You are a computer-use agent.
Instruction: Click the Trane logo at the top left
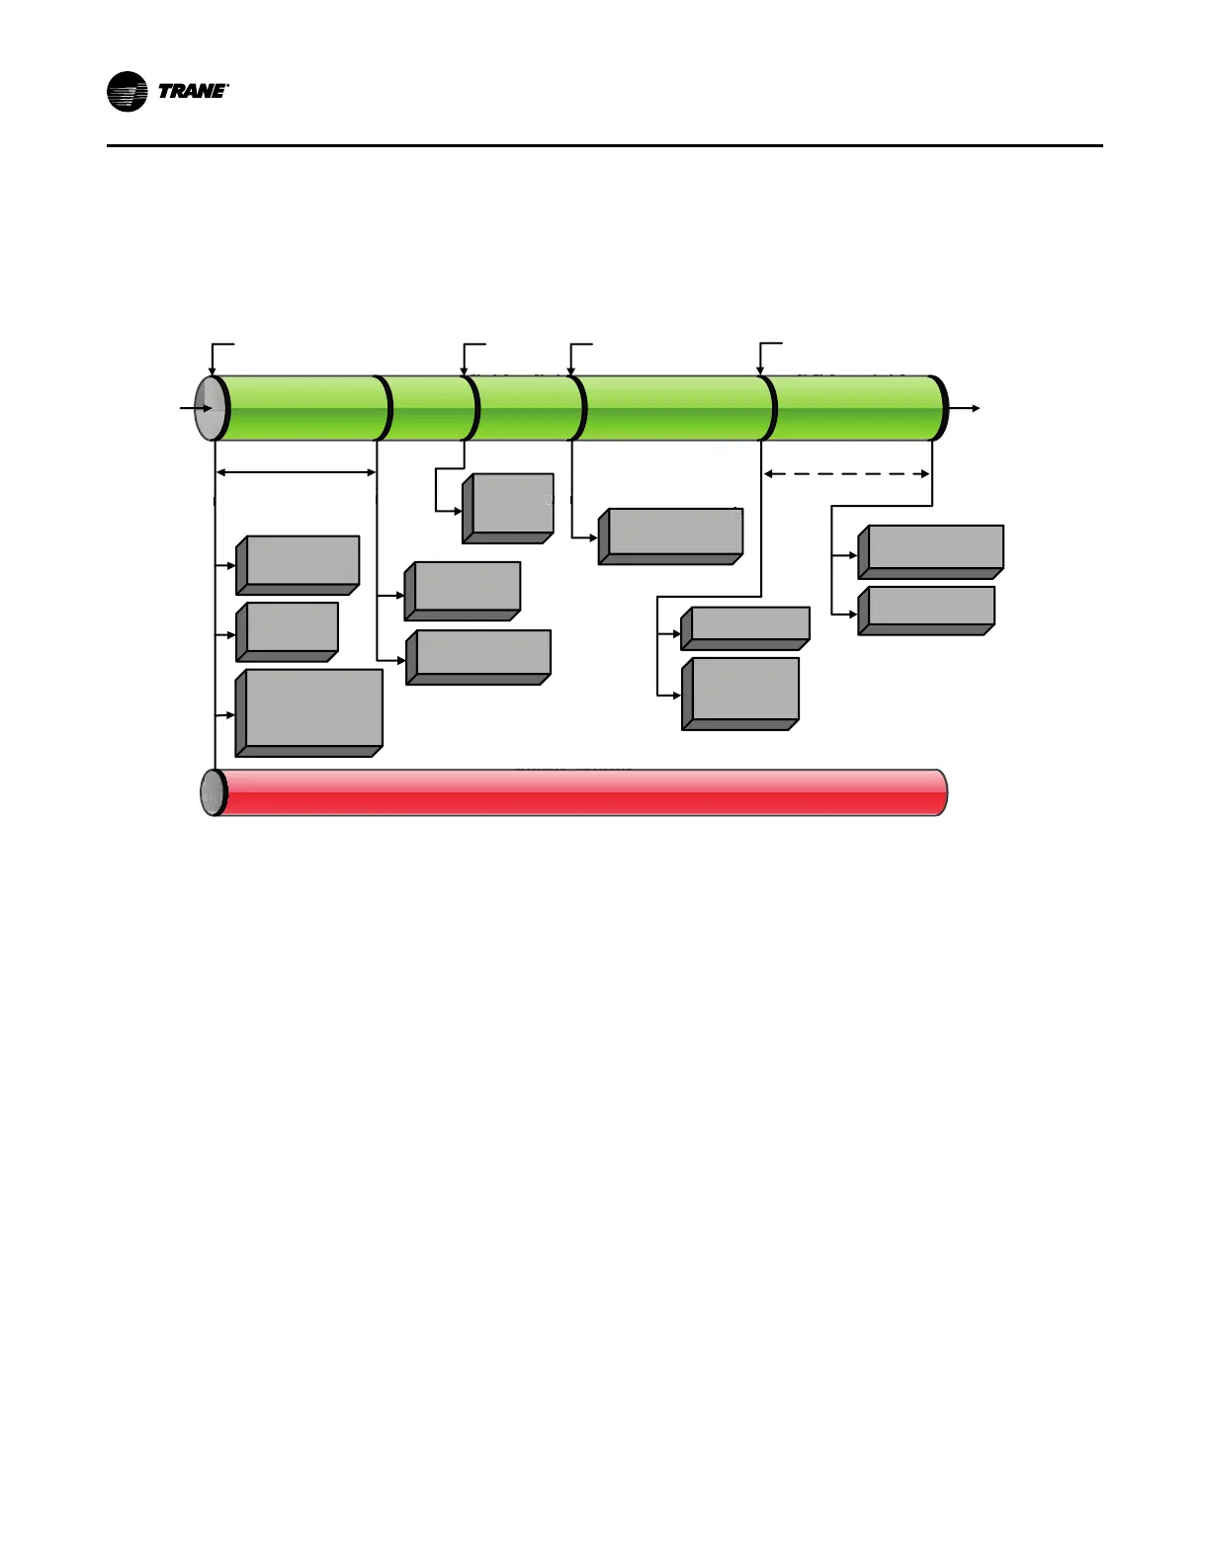pos(167,92)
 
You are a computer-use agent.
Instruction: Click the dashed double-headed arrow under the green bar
pos(847,474)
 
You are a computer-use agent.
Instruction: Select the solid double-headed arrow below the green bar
pos(296,472)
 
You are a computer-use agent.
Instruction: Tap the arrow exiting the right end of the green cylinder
pos(965,408)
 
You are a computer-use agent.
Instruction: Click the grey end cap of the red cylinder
pos(212,792)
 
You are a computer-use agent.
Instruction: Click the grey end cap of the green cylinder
pos(210,408)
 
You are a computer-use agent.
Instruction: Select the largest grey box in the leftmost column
pos(309,711)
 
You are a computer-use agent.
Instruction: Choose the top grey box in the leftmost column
pos(299,564)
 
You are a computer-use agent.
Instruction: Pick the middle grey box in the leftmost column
pos(288,630)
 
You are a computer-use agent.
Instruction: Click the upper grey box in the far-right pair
pos(931,550)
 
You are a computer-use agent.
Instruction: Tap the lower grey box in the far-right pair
pos(926,610)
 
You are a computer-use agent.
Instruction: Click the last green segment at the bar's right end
pos(855,408)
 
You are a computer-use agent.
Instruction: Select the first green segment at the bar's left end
pos(302,408)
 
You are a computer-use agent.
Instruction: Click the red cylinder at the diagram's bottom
pos(583,792)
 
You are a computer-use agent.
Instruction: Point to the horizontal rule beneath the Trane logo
pos(604,146)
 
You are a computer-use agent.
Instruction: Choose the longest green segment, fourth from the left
pos(676,408)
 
